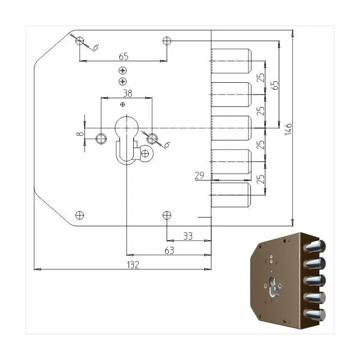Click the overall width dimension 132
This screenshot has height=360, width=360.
tap(133, 265)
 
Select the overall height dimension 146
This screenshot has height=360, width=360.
tap(288, 129)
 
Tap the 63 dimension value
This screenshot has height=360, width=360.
tap(169, 250)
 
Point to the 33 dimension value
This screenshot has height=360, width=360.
tap(188, 236)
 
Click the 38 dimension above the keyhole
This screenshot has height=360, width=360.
tap(128, 93)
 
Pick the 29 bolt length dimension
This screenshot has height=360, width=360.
tap(199, 176)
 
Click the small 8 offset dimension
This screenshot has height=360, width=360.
tap(80, 134)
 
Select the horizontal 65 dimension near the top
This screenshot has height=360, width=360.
tap(123, 57)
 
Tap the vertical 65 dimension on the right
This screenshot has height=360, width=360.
tap(274, 85)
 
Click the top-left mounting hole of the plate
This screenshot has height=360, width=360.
tap(80, 41)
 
